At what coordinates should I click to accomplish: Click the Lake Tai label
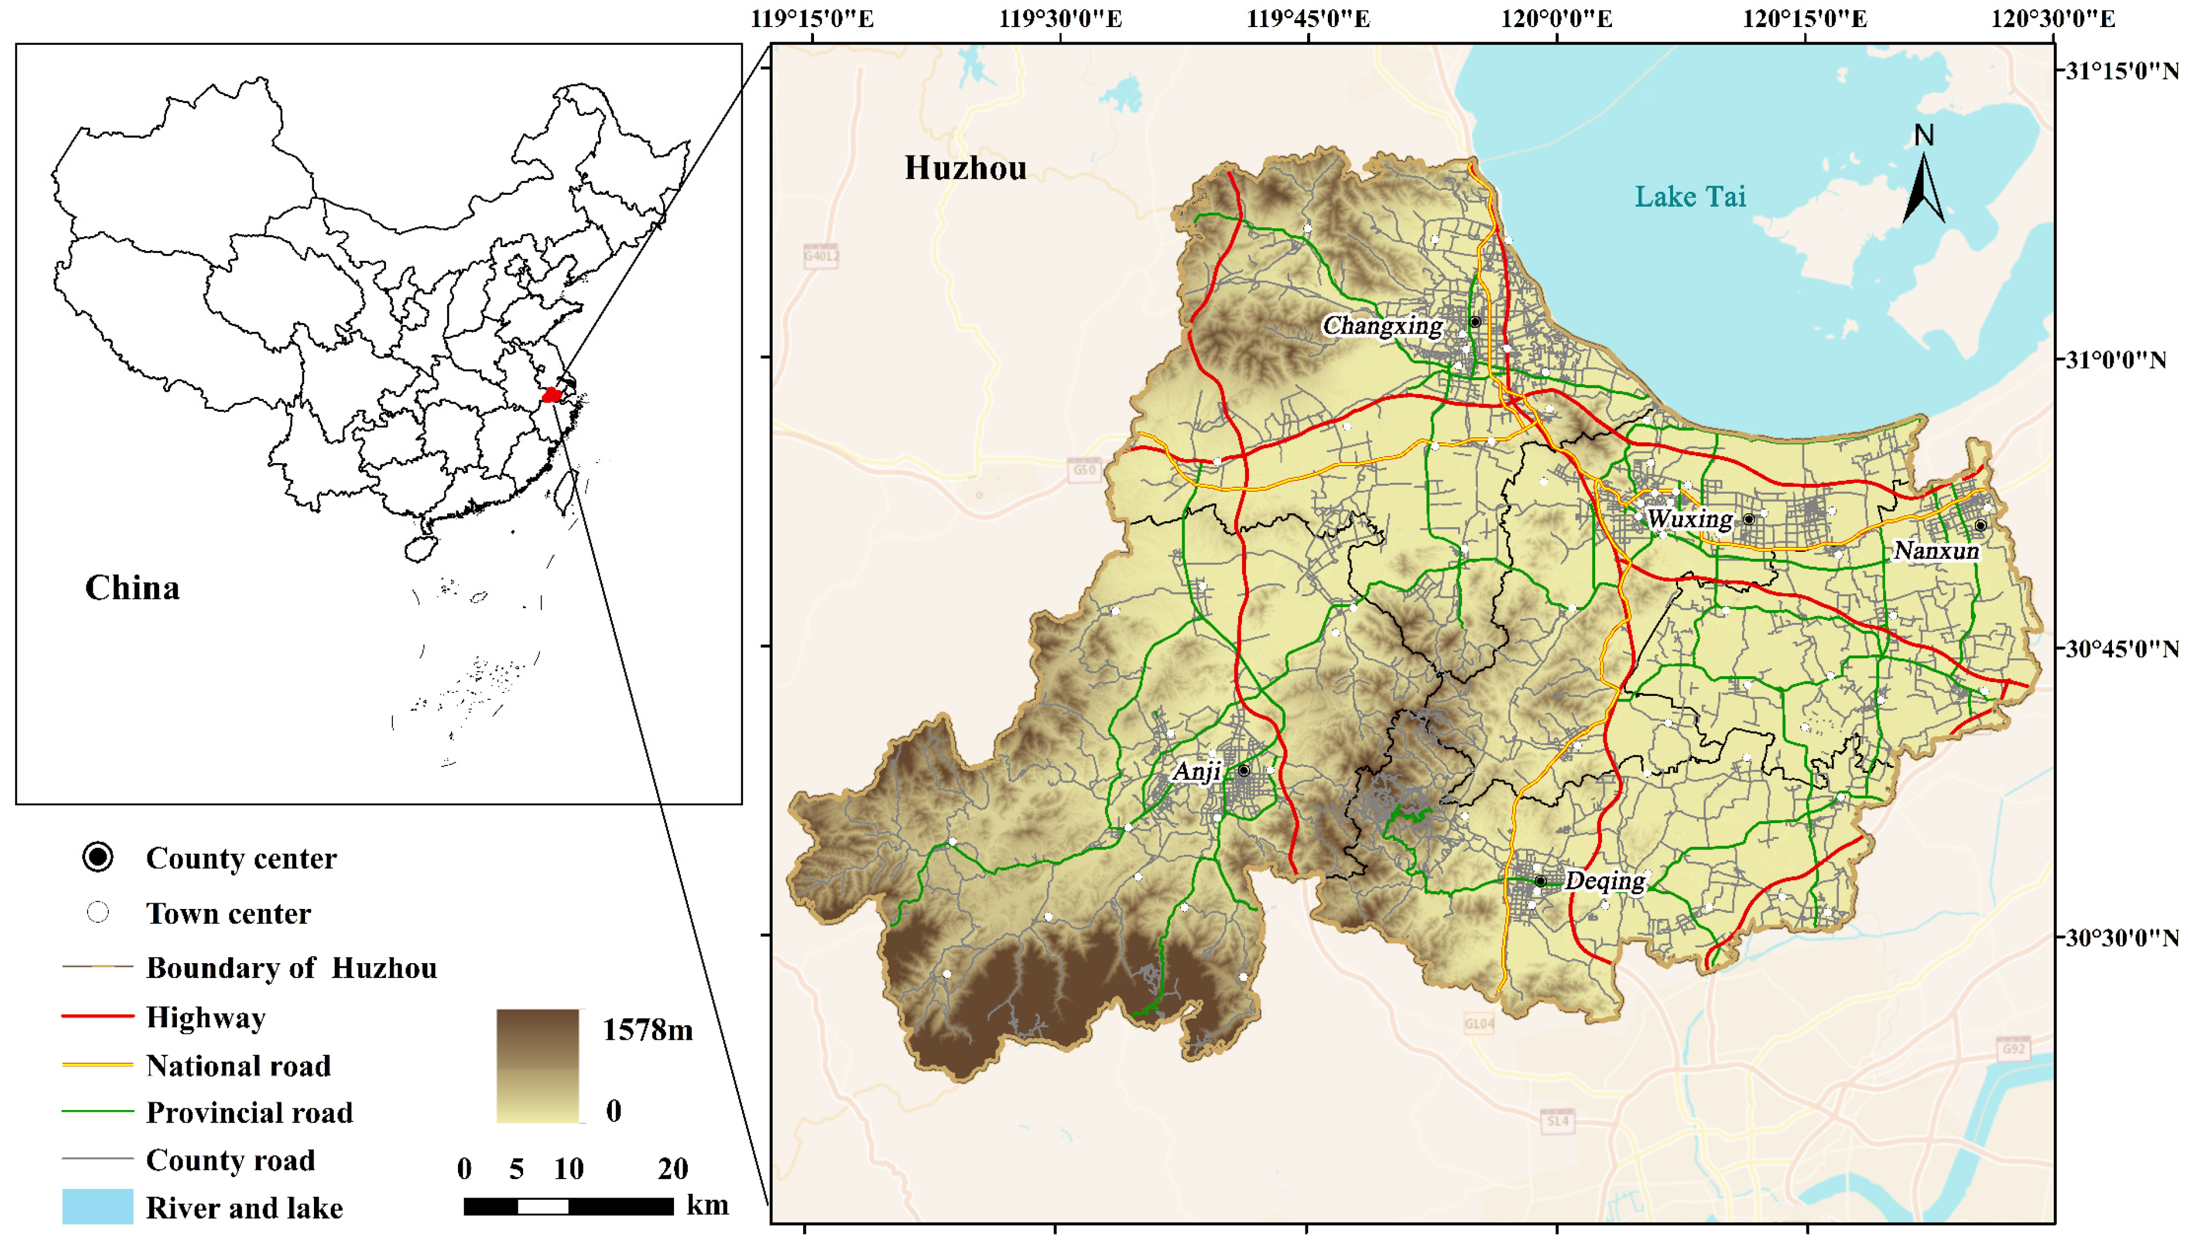click(x=1690, y=196)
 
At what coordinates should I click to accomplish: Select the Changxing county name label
click(x=1382, y=325)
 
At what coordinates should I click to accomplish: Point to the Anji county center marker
click(x=1243, y=770)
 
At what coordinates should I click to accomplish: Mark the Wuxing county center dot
click(x=1749, y=520)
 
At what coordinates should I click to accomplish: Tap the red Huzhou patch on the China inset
click(x=551, y=395)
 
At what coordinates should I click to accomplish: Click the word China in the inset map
click(x=132, y=588)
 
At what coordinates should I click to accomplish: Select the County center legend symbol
click(x=98, y=857)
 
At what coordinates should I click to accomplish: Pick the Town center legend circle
click(x=98, y=912)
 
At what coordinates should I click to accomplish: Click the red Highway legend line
click(x=97, y=1016)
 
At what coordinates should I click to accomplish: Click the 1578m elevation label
click(x=647, y=1029)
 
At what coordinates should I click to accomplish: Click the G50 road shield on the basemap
click(x=1084, y=469)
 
